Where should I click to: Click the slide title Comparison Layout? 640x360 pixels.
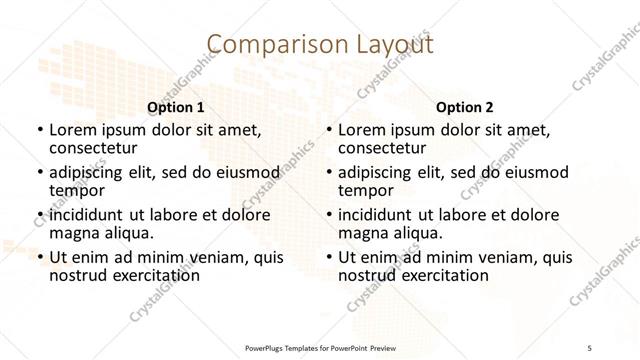319,44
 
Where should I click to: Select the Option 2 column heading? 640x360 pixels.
465,106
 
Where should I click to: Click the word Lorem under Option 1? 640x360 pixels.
71,130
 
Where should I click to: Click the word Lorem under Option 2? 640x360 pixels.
361,130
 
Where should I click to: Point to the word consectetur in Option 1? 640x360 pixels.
91,148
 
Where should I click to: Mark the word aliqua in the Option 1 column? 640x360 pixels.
126,233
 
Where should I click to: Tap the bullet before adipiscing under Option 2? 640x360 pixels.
328,173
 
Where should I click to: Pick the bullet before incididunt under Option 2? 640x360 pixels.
328,216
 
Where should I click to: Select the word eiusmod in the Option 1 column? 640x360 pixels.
244,172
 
